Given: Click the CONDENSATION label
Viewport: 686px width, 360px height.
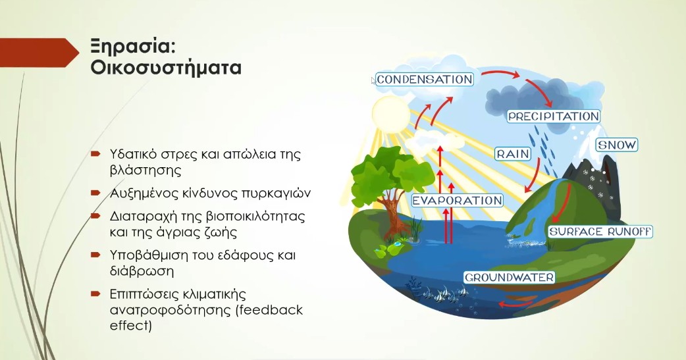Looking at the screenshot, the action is point(425,79).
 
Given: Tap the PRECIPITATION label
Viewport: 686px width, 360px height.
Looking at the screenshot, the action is point(554,116).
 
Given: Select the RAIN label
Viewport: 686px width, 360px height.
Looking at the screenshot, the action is point(513,154).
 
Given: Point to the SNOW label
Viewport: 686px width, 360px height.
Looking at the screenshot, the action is point(617,145).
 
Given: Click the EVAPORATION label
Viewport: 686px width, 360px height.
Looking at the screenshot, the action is point(458,200).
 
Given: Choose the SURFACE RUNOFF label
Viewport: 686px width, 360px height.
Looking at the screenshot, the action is point(600,232).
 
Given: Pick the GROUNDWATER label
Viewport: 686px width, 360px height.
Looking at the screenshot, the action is point(510,277).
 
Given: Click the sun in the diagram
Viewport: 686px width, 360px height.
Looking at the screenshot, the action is point(390,114).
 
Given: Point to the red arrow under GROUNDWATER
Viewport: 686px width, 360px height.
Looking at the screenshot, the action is point(515,303).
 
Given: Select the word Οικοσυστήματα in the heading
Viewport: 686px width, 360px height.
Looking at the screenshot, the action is point(166,68).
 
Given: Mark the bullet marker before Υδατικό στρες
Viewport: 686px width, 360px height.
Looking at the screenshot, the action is point(95,154).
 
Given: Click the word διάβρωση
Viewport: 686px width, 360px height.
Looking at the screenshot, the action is point(142,270).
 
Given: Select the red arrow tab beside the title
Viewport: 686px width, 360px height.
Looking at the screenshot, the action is point(40,53).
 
